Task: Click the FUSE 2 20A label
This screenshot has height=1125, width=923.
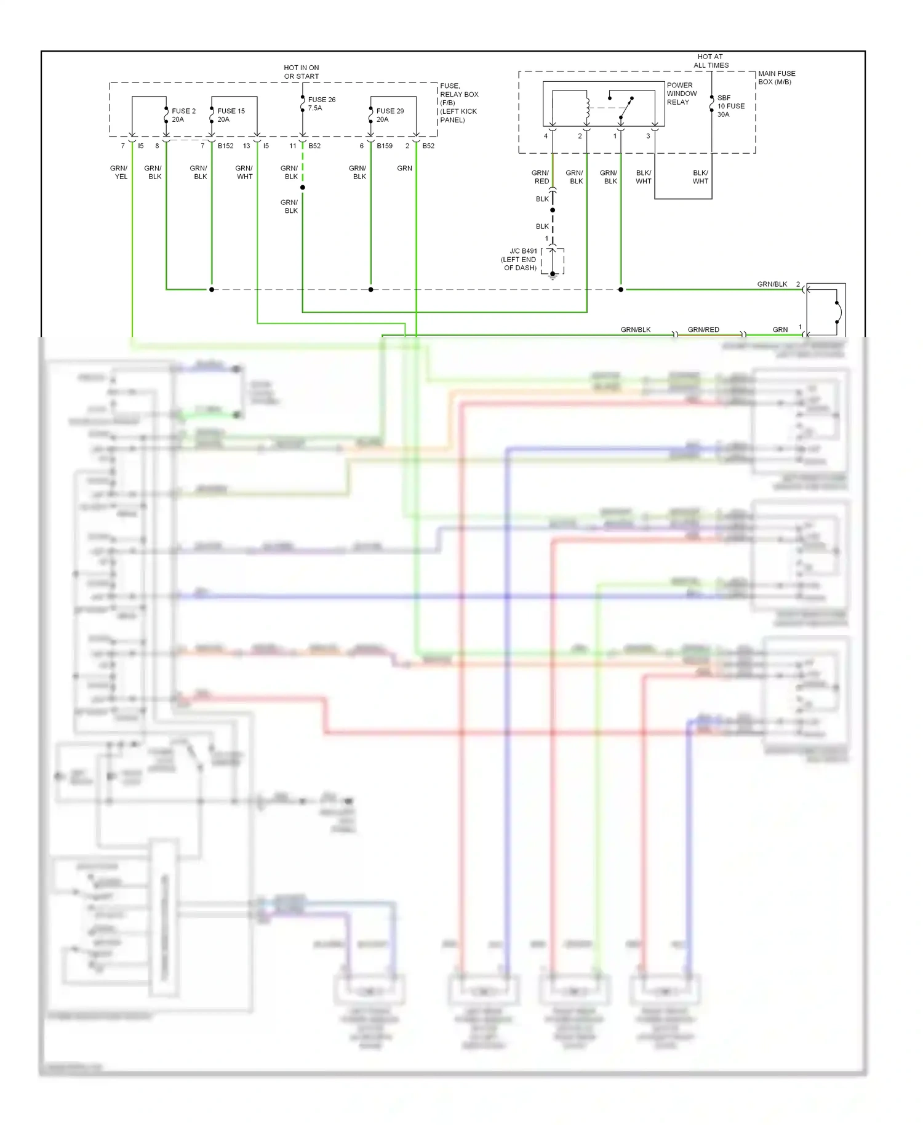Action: pyautogui.click(x=183, y=115)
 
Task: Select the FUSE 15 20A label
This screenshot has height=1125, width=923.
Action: pyautogui.click(x=231, y=115)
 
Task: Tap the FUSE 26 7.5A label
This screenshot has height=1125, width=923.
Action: pyautogui.click(x=321, y=103)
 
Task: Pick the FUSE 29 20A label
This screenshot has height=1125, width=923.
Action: pyautogui.click(x=390, y=115)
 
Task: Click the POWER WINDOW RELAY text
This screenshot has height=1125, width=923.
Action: pyautogui.click(x=681, y=94)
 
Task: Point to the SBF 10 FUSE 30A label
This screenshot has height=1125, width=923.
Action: pyautogui.click(x=730, y=106)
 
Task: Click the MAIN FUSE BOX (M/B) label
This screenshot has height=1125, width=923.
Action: pyautogui.click(x=776, y=78)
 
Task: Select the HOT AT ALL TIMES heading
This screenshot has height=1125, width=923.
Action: pyautogui.click(x=711, y=61)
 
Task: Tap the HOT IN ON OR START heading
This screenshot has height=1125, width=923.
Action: pyautogui.click(x=302, y=72)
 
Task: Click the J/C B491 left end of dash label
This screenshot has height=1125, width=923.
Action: pyautogui.click(x=519, y=259)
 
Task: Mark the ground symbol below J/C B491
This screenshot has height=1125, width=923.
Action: pyautogui.click(x=553, y=275)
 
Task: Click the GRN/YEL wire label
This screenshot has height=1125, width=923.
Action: pyautogui.click(x=119, y=172)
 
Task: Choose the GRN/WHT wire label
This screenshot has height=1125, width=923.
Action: pyautogui.click(x=244, y=172)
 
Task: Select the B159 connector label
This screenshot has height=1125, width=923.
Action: pyautogui.click(x=385, y=146)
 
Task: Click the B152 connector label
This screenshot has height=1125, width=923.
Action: pyautogui.click(x=225, y=146)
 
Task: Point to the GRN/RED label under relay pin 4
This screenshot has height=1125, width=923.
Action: pyautogui.click(x=541, y=177)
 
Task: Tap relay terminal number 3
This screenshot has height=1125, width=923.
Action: pyautogui.click(x=648, y=136)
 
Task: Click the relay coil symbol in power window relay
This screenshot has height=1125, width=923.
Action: pyautogui.click(x=587, y=109)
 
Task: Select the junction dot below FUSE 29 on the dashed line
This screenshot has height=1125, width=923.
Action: pyautogui.click(x=370, y=289)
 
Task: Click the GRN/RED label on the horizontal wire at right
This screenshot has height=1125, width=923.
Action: pyautogui.click(x=703, y=330)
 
